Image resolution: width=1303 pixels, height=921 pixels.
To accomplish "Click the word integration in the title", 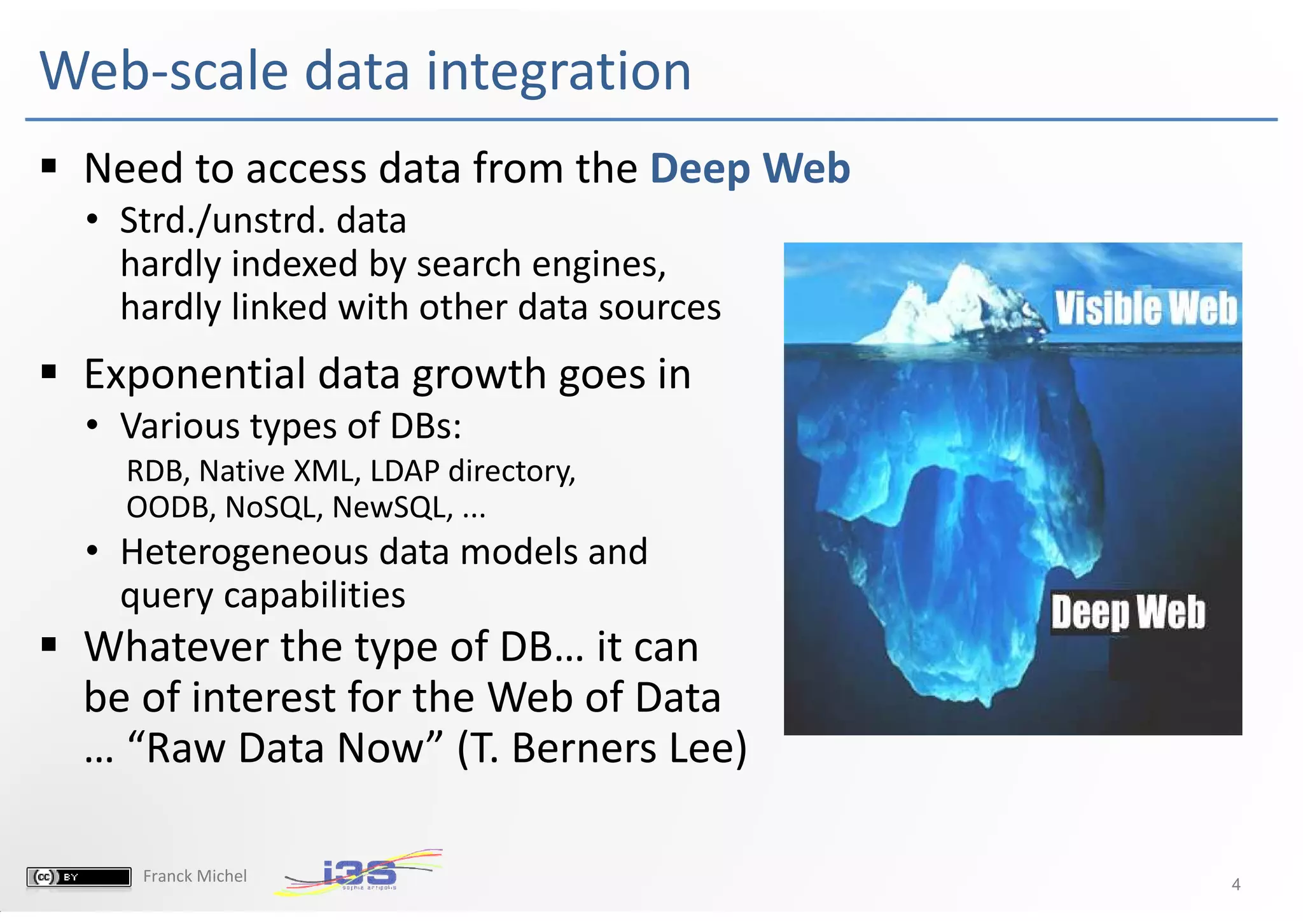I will [x=558, y=71].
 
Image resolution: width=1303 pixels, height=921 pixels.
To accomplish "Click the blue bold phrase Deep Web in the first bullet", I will [x=749, y=169].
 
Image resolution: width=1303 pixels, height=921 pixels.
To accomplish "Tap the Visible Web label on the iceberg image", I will [x=1146, y=309].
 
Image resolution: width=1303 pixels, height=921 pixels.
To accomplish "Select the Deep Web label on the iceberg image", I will [x=1127, y=612].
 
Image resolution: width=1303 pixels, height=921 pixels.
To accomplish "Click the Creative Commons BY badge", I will [x=78, y=876].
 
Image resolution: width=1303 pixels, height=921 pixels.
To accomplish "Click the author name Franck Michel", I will [x=195, y=876].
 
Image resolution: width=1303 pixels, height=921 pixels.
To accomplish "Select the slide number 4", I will [x=1236, y=884].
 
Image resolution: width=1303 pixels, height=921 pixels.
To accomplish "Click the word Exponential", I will [x=195, y=374].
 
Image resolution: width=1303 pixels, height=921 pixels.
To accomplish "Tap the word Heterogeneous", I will [x=244, y=552].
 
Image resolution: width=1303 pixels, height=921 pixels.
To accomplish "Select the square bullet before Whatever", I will [x=49, y=645].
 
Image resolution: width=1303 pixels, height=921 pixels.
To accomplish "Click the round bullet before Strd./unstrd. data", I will [x=93, y=220].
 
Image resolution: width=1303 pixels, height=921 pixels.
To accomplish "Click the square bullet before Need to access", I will [x=49, y=167].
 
